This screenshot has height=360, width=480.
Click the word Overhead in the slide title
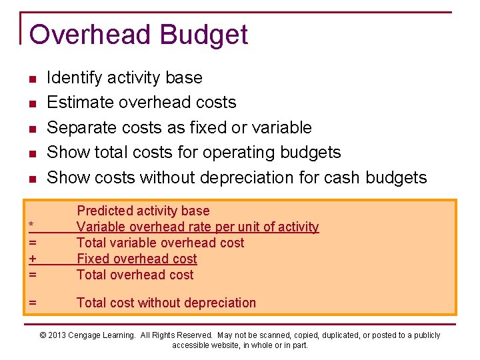pos(83,35)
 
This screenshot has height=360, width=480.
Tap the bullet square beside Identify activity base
pos(31,79)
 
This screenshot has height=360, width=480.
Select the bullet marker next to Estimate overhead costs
pos(31,104)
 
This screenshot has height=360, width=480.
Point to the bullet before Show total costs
pos(31,154)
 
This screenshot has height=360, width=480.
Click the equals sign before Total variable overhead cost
pos(32,243)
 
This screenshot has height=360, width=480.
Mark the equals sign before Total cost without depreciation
pos(32,303)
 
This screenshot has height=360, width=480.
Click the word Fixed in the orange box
pos(93,259)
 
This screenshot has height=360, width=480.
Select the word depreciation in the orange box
pos(221,303)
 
